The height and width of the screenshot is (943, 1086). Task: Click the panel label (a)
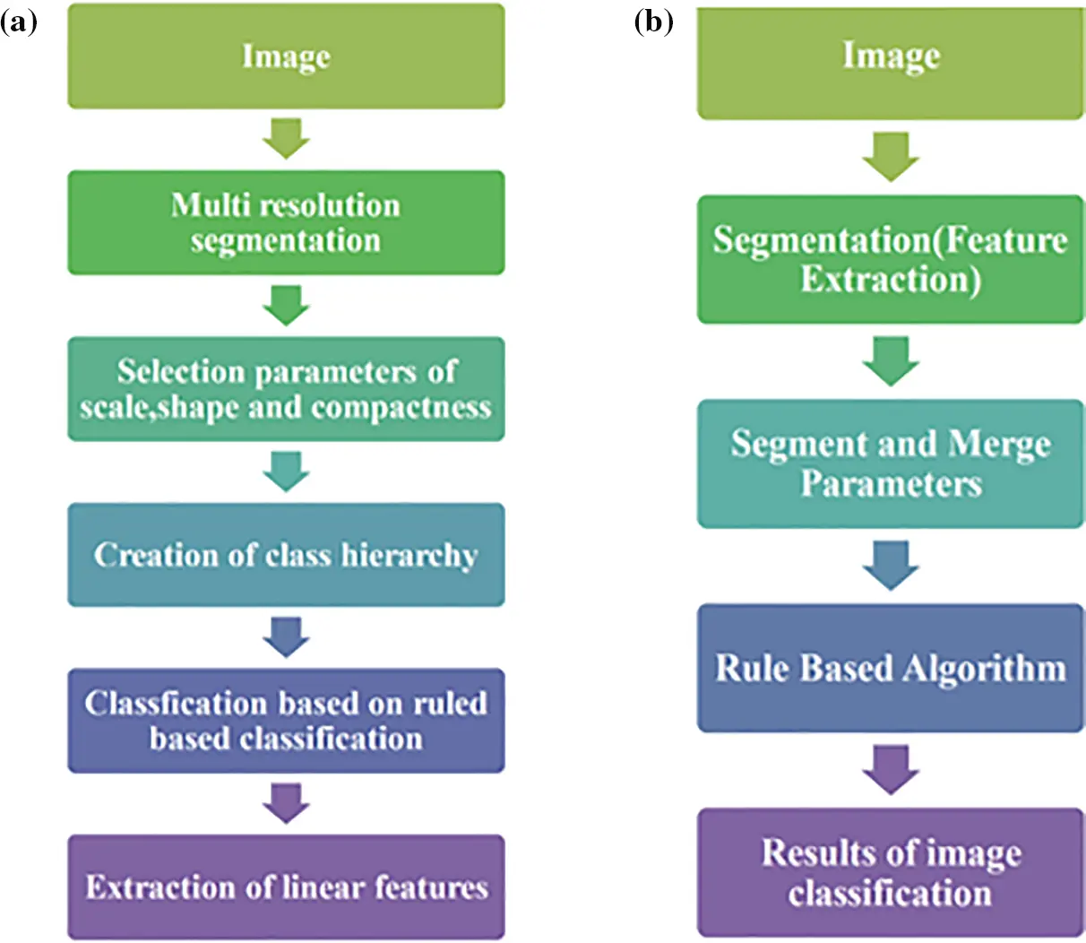[19, 22]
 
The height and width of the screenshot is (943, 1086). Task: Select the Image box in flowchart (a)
[286, 56]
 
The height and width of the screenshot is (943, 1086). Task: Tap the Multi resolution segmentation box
[286, 222]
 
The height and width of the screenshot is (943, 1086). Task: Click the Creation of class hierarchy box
[286, 555]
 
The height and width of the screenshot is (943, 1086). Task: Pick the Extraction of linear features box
[286, 887]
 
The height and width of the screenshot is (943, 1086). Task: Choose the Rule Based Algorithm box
[890, 668]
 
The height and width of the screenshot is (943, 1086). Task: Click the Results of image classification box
[890, 872]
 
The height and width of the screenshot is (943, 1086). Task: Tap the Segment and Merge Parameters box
[890, 463]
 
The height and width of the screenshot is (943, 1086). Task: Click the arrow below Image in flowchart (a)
[286, 140]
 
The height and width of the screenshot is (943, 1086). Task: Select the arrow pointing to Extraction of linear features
[286, 803]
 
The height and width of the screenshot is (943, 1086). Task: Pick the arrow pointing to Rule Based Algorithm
[890, 566]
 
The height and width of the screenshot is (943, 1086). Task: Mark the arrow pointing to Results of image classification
[890, 770]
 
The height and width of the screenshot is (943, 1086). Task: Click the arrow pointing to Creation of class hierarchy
[286, 471]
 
